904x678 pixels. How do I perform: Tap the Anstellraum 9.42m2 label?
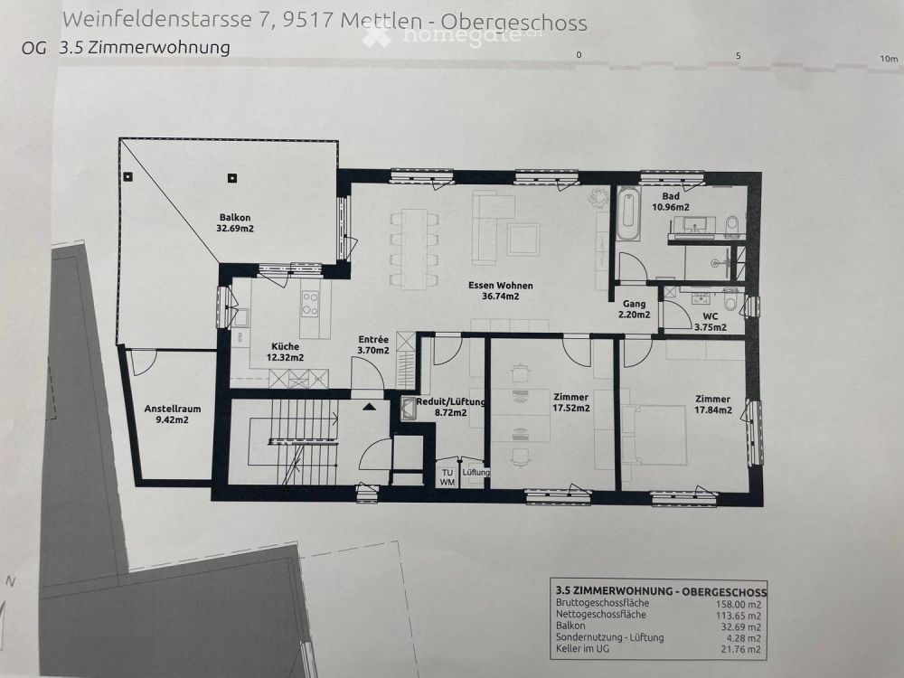(x=173, y=413)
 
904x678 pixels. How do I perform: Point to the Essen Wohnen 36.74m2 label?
(x=500, y=290)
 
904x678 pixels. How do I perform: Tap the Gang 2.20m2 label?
(x=634, y=309)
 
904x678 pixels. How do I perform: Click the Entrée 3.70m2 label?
(x=372, y=344)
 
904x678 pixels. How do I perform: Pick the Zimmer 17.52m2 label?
(x=571, y=402)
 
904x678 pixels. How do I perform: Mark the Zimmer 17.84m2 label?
(x=713, y=404)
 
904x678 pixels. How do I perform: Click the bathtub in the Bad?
(x=628, y=214)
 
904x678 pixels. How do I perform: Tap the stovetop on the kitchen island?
(x=310, y=302)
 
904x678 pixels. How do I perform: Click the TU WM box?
(x=447, y=476)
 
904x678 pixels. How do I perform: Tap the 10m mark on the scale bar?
(x=889, y=59)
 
